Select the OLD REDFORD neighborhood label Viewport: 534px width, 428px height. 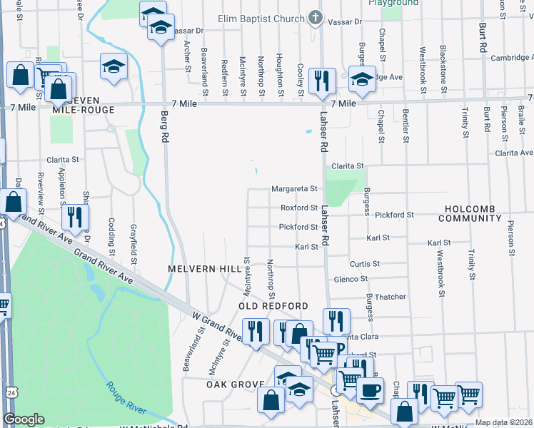coord(273,306)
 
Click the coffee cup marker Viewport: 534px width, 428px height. coord(370,389)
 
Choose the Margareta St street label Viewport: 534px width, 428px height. coord(293,189)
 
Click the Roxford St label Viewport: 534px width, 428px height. coord(298,208)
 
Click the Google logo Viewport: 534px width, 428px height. coord(24,419)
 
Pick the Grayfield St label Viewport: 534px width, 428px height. coord(133,241)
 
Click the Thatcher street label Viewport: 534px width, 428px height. coord(391,297)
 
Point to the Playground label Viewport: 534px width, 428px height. coord(393,3)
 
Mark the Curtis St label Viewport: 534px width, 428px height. coord(364,263)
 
